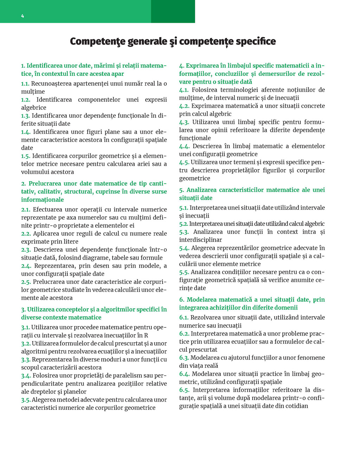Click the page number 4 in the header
click(x=22, y=16)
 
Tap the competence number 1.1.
click(x=25, y=84)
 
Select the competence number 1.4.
click(x=26, y=132)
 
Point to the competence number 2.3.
click(x=26, y=249)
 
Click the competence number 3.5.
click(x=26, y=399)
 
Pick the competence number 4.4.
click(x=184, y=146)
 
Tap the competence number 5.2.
click(x=184, y=224)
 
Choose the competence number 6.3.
click(x=184, y=358)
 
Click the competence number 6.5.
click(x=184, y=390)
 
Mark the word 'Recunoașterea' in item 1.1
click(x=51, y=84)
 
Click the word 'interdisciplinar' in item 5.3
click(x=200, y=240)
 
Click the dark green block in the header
click(x=173, y=11)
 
